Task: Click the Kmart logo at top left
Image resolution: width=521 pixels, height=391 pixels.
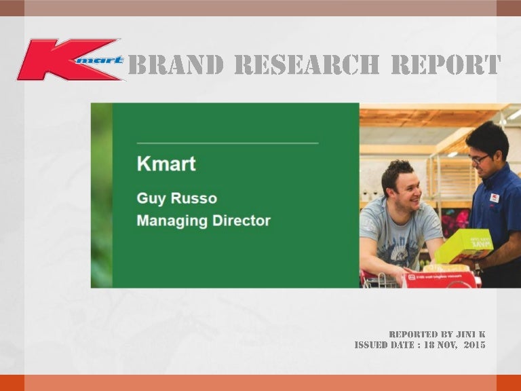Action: (71, 60)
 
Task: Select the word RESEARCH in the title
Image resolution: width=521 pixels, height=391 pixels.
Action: (307, 65)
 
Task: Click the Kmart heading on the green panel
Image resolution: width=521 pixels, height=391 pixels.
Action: (166, 164)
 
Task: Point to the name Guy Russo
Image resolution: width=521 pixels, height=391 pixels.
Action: (177, 198)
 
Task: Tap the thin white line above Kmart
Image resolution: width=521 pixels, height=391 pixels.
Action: (227, 143)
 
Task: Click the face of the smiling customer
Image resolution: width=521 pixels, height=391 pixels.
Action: (403, 187)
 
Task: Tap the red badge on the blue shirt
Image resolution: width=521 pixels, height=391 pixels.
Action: (495, 198)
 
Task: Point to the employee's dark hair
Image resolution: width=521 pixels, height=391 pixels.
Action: (487, 136)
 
